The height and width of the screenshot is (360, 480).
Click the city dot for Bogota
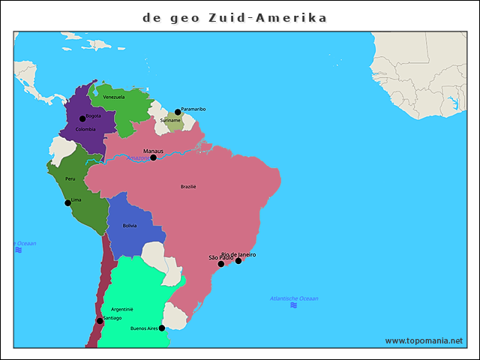82,118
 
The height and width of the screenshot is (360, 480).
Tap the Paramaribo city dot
178,112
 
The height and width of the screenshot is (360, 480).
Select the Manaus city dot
153,157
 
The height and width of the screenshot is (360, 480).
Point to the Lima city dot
67,202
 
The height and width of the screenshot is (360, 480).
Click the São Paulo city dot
220,264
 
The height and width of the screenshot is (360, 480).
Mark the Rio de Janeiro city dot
238,261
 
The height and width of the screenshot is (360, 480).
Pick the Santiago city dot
100,321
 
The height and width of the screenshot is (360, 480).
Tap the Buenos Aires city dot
162,328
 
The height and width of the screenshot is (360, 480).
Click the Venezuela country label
113,97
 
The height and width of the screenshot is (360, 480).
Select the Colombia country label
85,129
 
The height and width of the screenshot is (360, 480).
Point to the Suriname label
170,120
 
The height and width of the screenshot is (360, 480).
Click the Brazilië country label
188,187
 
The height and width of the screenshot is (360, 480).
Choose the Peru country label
70,178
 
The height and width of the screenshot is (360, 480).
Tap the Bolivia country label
130,225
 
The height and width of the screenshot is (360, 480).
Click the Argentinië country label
121,309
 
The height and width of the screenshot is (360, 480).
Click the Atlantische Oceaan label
294,298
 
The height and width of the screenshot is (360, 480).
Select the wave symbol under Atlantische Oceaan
293,305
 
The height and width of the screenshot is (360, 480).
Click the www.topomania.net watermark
424,340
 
